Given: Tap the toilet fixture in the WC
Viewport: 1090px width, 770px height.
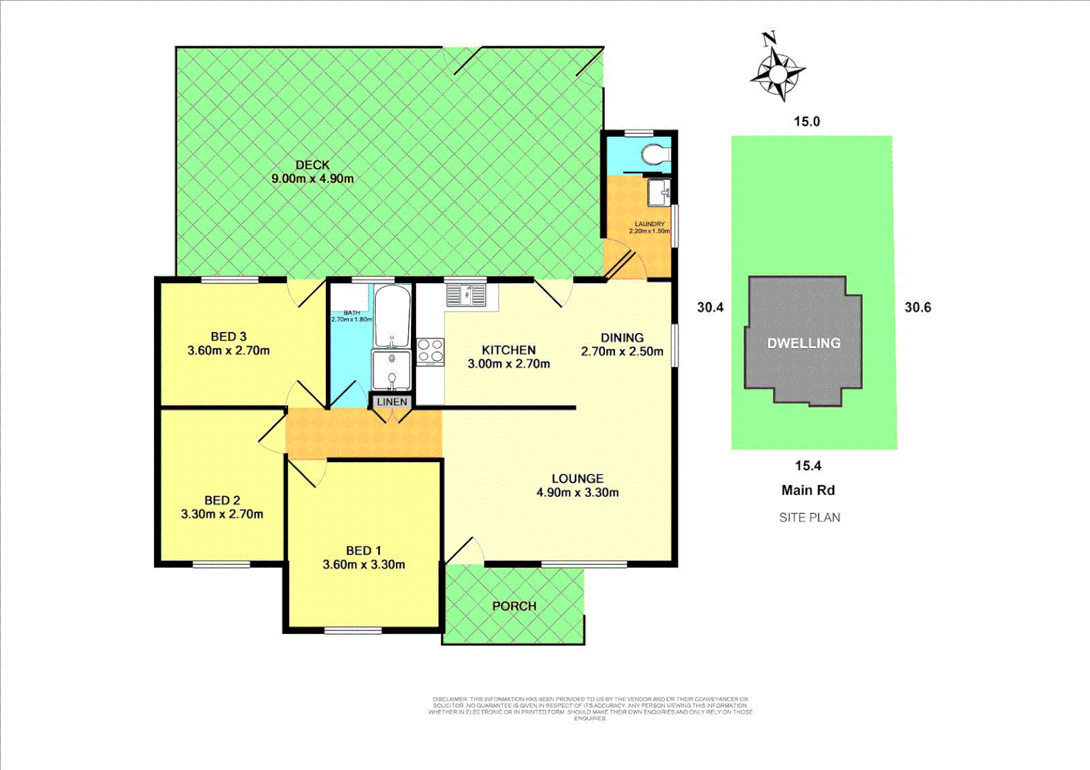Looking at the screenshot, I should [x=654, y=154].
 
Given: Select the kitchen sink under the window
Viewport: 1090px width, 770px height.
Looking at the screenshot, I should [x=465, y=294].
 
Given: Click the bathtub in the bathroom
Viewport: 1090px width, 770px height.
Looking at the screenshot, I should [x=392, y=316].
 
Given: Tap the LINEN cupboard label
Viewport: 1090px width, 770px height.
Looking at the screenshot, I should [x=392, y=402].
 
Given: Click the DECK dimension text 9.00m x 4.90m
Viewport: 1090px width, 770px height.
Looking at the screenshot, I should [x=312, y=179].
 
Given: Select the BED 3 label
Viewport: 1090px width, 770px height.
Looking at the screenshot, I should [x=228, y=337].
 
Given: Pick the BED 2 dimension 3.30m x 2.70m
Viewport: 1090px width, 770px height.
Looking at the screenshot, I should [x=222, y=514].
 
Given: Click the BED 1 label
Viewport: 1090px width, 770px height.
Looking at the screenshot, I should [x=363, y=550].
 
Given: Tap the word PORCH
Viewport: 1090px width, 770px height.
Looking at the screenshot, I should [x=514, y=606].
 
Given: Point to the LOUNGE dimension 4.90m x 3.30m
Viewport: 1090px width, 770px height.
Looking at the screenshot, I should [x=577, y=493].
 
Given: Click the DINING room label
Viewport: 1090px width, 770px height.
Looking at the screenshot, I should [x=621, y=337].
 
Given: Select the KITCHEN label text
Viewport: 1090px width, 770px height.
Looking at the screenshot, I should [x=509, y=350].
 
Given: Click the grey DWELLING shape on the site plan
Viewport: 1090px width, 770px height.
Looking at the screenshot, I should [x=803, y=343].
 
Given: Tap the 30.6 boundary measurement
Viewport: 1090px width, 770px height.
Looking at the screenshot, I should [x=917, y=307].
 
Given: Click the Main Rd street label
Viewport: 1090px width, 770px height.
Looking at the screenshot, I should [x=808, y=491].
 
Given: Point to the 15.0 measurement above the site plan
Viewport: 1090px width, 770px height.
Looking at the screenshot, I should [x=807, y=121].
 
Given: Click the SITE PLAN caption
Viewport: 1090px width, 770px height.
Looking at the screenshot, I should [x=809, y=518].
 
